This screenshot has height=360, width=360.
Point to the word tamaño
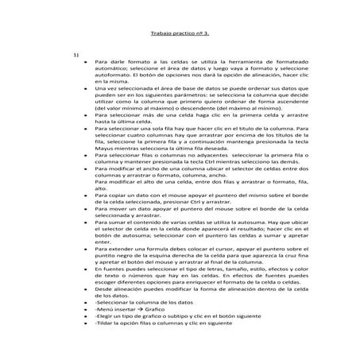[235, 270]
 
